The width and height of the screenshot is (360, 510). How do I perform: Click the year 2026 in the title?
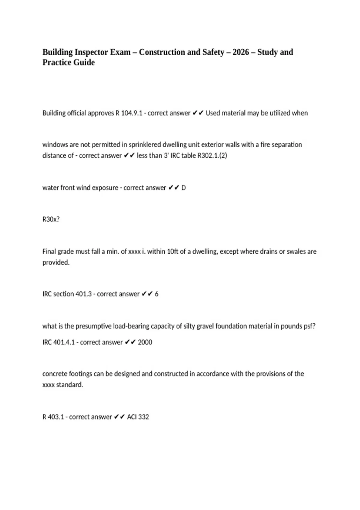241,52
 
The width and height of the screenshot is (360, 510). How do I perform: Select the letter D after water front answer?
184,188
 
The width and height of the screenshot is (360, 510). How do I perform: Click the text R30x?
51,219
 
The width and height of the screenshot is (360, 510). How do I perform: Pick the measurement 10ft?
172,251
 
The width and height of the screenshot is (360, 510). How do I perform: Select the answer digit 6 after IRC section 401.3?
156,294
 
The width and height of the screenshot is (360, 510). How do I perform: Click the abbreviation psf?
310,326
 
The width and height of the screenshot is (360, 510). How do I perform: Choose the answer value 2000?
145,342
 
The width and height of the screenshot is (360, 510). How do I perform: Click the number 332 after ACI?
144,417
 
